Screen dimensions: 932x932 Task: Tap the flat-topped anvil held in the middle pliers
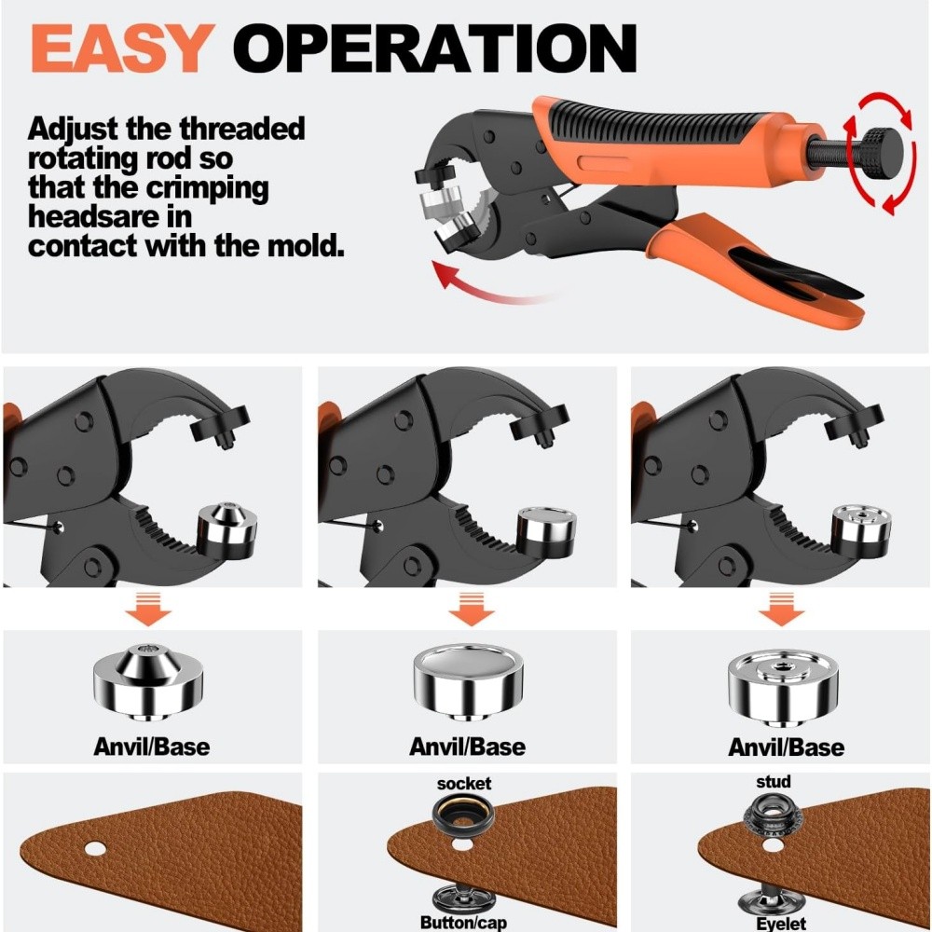[x=538, y=528]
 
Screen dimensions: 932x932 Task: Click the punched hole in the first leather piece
[x=94, y=849]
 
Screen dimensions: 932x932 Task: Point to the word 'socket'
[x=463, y=784]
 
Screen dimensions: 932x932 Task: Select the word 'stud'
[x=774, y=781]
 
